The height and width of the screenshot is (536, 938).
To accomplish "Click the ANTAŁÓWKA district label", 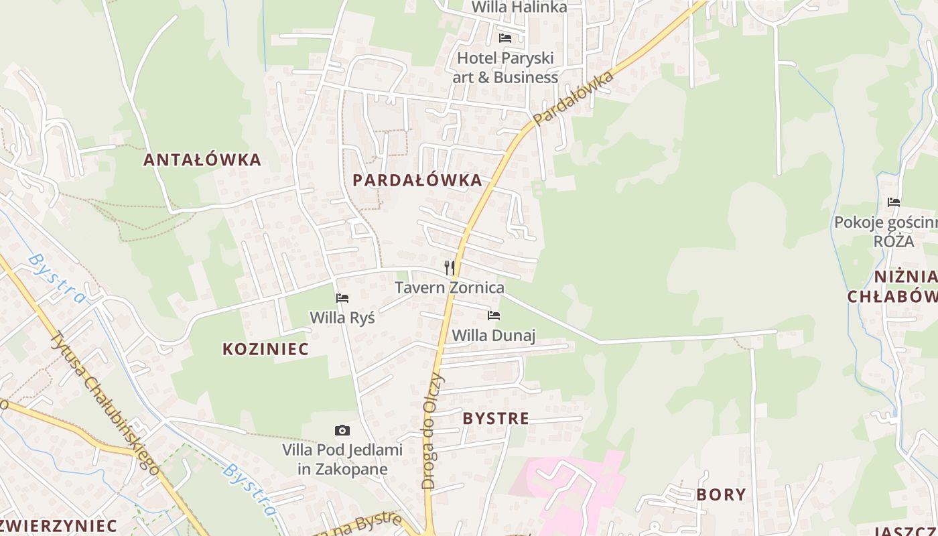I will click(202, 159).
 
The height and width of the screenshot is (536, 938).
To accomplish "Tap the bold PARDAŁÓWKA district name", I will click(417, 180).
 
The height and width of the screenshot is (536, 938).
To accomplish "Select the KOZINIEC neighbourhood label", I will click(265, 348).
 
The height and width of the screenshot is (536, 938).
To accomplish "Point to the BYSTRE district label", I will click(496, 419).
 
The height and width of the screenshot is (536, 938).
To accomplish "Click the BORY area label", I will click(721, 494).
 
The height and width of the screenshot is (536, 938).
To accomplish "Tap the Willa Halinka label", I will click(519, 7).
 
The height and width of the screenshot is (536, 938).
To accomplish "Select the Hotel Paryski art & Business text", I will click(505, 68).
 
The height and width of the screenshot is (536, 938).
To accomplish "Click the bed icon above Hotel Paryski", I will click(505, 38).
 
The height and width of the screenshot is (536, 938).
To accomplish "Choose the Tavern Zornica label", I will click(449, 287).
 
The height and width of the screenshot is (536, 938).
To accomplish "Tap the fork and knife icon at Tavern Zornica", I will click(450, 268).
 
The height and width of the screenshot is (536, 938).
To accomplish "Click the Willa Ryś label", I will click(342, 317).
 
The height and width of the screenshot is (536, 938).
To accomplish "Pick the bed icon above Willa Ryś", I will click(342, 297).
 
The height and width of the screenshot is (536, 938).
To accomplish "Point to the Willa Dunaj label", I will click(494, 335).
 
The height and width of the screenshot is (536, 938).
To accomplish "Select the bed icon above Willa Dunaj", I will click(494, 315).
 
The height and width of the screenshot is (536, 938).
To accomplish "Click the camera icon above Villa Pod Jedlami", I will click(342, 430).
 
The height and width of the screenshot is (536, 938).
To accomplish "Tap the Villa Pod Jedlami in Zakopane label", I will click(342, 459).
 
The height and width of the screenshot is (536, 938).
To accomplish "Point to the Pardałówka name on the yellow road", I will click(574, 98).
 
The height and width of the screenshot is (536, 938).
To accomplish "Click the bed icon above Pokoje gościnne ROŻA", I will click(894, 202).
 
